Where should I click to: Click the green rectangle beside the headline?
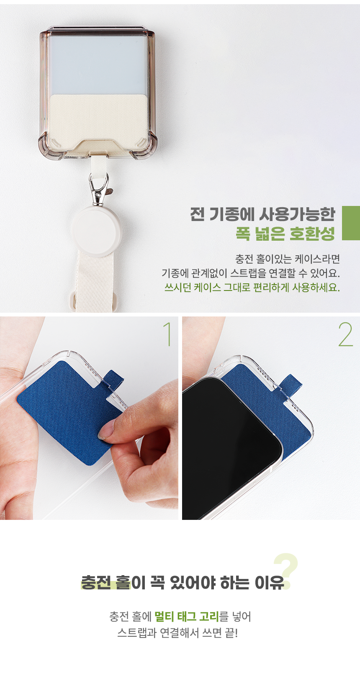pos(351,223)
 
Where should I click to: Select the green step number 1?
pos(167,334)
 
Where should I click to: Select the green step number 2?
pos(345,334)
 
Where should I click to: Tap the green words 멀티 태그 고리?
pos(187,616)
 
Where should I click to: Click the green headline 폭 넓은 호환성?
pos(285,234)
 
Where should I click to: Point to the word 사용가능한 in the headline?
pos(297,214)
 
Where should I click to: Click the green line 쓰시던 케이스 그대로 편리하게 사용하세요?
pos(252,287)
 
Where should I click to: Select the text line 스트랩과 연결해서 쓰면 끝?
pos(177,633)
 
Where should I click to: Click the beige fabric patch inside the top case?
pos(99,122)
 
